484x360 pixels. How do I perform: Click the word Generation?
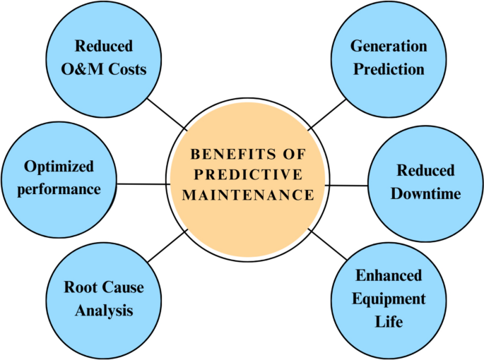click(389, 47)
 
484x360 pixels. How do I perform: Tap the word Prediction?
click(389, 69)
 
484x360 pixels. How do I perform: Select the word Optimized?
click(59, 167)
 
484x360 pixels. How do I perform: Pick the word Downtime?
click(425, 193)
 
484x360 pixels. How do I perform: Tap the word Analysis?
click(99, 310)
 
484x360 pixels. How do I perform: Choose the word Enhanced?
click(388, 275)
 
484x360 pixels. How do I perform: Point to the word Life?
click(388, 322)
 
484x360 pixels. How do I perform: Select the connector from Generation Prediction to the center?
click(329, 114)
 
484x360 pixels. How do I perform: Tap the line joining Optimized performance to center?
click(143, 184)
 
